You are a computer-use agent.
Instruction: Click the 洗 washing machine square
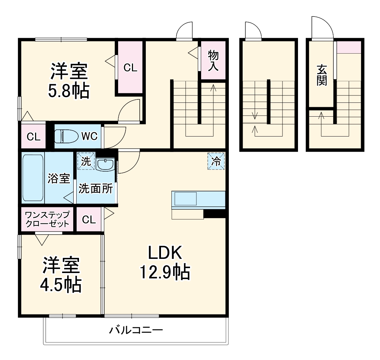coord(86,161)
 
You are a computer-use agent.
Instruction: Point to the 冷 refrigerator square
coord(216,161)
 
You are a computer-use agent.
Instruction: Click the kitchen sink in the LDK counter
coord(185,199)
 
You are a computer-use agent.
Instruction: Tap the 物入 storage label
coord(213,60)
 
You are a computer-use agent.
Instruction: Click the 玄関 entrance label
coord(321,75)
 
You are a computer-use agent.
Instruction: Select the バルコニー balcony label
coord(136,330)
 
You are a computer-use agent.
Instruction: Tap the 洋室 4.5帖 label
coord(61,275)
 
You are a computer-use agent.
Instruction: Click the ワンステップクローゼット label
coord(47,219)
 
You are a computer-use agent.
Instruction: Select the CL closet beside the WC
coord(33,137)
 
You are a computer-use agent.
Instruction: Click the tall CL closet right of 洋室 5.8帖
coord(130,68)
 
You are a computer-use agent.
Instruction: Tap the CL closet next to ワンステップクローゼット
coord(89,220)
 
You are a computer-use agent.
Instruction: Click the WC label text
coord(89,136)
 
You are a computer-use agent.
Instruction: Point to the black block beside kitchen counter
coord(214,213)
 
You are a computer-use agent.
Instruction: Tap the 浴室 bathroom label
coord(59,178)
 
